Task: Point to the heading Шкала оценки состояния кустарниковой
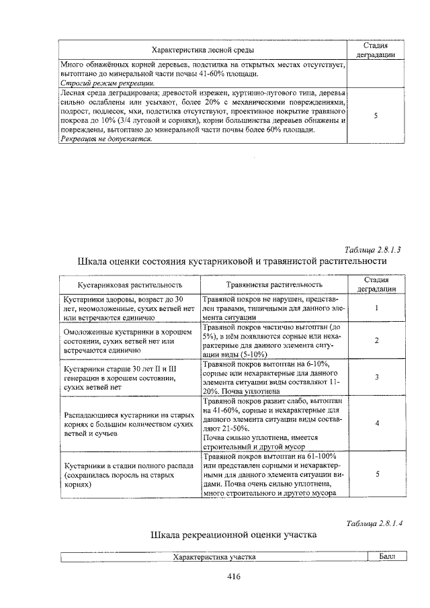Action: tap(232, 261)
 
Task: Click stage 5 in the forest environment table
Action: tap(376, 116)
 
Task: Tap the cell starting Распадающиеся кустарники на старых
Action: tap(130, 423)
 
